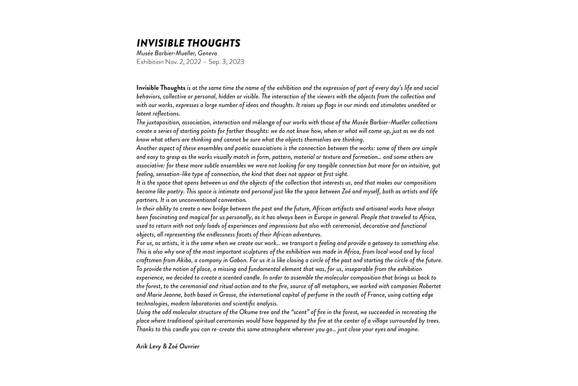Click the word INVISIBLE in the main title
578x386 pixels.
point(161,43)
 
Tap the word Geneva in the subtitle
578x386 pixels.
point(207,53)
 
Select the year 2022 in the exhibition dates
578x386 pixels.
point(194,62)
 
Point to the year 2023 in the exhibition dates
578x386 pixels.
point(237,62)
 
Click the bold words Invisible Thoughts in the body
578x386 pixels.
point(161,88)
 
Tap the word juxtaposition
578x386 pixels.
point(163,123)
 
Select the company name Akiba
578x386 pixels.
point(184,260)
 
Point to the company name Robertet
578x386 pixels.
point(430,287)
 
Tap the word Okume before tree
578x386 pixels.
point(249,312)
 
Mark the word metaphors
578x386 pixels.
point(335,287)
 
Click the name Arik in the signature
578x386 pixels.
point(142,346)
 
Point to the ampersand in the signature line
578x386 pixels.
point(165,346)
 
